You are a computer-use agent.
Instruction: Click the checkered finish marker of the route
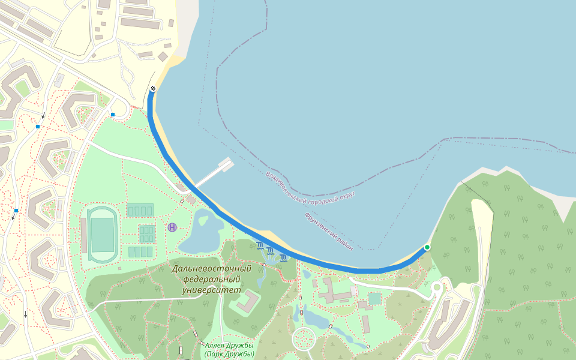pyautogui.click(x=153, y=89)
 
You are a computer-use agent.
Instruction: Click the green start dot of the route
pyautogui.click(x=427, y=247)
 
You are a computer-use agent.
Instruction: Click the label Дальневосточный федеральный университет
pyautogui.click(x=211, y=280)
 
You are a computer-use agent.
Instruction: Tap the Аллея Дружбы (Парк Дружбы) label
pyautogui.click(x=229, y=350)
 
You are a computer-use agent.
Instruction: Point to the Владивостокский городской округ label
pyautogui.click(x=311, y=185)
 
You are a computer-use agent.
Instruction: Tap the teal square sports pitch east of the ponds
pyautogui.click(x=375, y=298)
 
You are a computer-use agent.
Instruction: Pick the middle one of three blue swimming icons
pyautogui.click(x=271, y=251)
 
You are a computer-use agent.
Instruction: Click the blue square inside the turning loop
pyautogui.click(x=113, y=114)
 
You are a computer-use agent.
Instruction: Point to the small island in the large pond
pyautogui.click(x=202, y=221)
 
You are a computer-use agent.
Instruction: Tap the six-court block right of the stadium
pyautogui.click(x=147, y=233)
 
